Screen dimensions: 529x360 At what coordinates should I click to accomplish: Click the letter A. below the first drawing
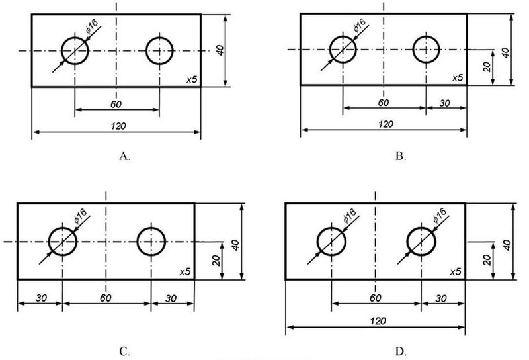[x=124, y=156]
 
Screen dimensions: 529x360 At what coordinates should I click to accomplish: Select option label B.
[x=401, y=156]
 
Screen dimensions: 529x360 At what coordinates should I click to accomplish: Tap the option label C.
[x=124, y=351]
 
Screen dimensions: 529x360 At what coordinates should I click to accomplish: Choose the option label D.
[x=401, y=351]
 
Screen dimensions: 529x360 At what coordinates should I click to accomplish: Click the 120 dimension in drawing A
[x=118, y=126]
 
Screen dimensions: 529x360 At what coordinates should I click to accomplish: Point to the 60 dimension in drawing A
[x=116, y=104]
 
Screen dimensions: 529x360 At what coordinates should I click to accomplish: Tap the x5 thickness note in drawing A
[x=192, y=79]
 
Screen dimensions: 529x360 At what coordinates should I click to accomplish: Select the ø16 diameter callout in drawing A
[x=91, y=26]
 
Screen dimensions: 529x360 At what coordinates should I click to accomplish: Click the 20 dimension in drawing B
[x=487, y=67]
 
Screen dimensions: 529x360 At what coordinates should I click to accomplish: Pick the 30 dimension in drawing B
[x=444, y=103]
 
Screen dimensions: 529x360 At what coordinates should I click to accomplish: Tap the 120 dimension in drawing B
[x=386, y=124]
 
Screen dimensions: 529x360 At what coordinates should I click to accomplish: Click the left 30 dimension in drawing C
[x=41, y=298]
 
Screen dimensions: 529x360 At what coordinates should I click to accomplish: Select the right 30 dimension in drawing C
[x=171, y=298]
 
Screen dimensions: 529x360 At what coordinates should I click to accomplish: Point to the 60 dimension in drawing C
[x=105, y=298]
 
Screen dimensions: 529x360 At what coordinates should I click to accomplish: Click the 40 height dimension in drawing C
[x=235, y=245]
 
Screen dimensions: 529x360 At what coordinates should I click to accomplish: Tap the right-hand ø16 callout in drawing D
[x=440, y=216]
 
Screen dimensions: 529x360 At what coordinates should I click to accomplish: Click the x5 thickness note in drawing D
[x=455, y=272]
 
